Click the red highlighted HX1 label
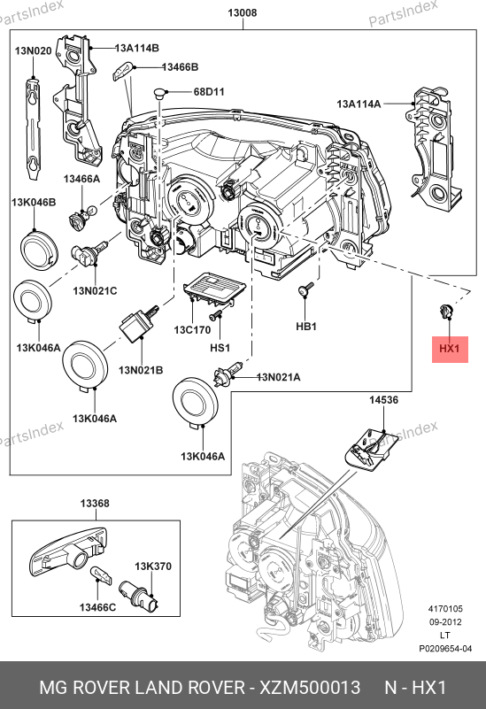450,349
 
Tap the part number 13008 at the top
243,12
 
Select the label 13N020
33,50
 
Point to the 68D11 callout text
209,91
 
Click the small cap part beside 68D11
159,94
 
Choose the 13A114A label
359,104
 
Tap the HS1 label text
220,347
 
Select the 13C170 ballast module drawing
214,288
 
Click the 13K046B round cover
39,249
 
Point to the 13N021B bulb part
138,322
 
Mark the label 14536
383,400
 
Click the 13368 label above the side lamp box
95,503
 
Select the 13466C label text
97,607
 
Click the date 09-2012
445,621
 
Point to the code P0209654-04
445,649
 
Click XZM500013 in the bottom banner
310,687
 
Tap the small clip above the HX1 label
446,311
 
